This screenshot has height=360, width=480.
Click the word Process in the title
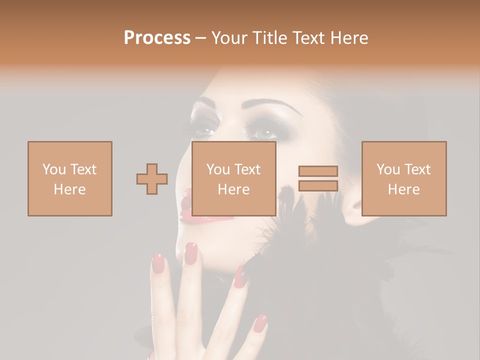point(157,38)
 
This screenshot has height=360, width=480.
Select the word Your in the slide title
point(229,38)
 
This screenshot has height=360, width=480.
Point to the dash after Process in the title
point(201,38)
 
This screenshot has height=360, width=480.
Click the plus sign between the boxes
point(152,179)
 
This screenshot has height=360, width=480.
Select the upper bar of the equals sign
point(318,171)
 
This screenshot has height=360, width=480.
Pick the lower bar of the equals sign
point(318,185)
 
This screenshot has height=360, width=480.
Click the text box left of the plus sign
point(70,179)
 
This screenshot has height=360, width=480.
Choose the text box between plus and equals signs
point(234,179)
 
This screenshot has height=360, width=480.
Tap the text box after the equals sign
point(404,179)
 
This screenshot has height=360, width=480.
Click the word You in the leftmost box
point(53,169)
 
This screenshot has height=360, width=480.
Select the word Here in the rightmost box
point(404,189)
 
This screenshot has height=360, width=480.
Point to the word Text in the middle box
point(247,169)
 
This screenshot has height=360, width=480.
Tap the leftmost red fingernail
point(158,263)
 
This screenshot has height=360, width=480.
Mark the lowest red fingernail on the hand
point(260,324)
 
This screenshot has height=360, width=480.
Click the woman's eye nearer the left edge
point(204,131)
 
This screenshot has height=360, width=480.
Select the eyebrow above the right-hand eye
point(272,106)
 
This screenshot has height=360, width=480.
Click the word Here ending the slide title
point(349,38)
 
